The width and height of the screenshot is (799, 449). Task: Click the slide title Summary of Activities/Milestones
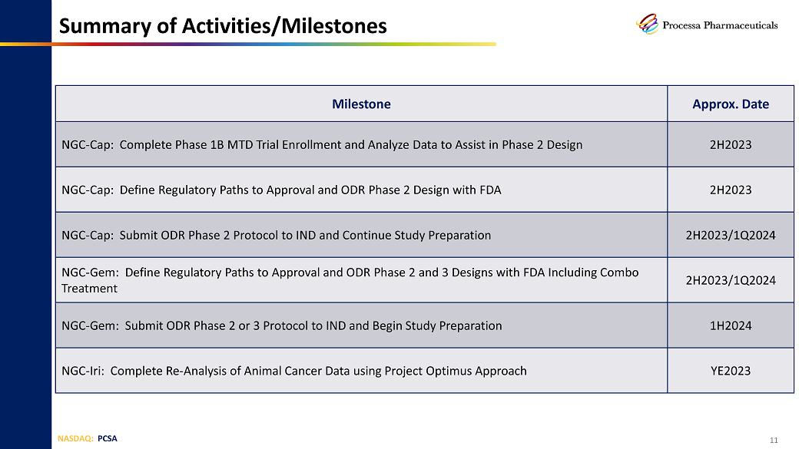[x=223, y=26]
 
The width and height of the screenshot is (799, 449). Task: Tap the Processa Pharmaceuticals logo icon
[x=647, y=24]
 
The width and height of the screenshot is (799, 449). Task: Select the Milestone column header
[x=361, y=104]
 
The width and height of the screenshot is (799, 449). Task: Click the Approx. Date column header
[x=730, y=104]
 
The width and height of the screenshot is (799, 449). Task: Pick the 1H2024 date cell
[x=730, y=325]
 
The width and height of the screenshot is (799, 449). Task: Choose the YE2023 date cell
[x=730, y=371]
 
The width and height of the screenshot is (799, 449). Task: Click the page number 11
[x=774, y=440]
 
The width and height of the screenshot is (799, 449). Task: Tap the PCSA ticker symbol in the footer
[x=107, y=438]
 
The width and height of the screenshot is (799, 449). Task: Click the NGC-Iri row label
[x=82, y=371]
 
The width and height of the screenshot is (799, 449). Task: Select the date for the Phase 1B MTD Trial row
[x=730, y=144]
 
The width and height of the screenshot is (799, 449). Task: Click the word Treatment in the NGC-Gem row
[x=89, y=288]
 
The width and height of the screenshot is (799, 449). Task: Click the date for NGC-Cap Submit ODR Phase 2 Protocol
[x=730, y=235]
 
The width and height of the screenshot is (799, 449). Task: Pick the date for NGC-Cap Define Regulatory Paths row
[x=730, y=190]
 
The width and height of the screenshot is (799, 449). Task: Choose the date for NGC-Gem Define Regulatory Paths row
[x=730, y=280]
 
